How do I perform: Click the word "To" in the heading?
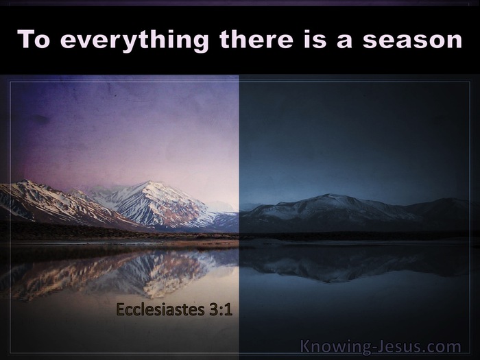(x=34, y=39)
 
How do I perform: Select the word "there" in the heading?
(x=256, y=39)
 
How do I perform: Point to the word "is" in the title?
(x=315, y=39)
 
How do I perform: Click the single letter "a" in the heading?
(x=344, y=41)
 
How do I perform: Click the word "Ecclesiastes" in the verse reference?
(x=160, y=309)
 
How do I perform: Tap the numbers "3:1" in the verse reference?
(x=221, y=309)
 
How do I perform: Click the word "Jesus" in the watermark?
(x=398, y=346)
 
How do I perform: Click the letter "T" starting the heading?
(x=26, y=39)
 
